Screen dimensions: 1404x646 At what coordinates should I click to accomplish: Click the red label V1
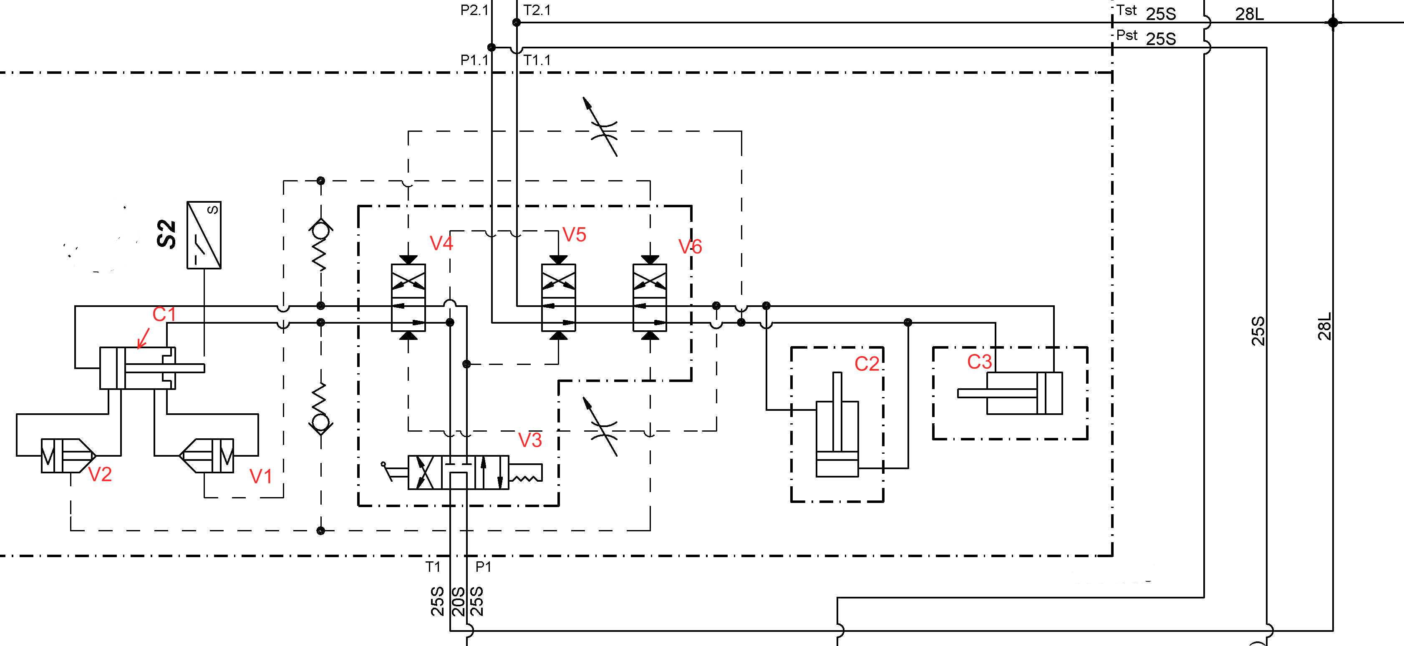point(260,477)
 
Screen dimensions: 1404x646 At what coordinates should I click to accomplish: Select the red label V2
point(100,475)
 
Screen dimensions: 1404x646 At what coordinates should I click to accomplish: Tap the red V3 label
point(530,440)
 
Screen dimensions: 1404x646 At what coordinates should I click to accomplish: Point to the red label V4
point(441,243)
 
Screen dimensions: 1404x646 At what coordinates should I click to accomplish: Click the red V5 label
point(574,235)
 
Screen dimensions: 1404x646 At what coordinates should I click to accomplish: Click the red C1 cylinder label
point(164,314)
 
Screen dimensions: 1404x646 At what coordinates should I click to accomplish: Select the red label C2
point(867,364)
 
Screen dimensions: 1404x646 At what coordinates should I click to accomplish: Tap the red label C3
point(979,362)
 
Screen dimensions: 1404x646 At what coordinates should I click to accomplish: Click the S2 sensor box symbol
point(204,235)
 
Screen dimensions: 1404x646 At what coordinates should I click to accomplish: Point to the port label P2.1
point(474,10)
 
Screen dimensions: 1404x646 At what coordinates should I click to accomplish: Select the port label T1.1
point(537,60)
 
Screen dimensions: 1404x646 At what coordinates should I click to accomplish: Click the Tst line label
point(1127,10)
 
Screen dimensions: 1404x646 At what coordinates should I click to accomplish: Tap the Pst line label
point(1127,35)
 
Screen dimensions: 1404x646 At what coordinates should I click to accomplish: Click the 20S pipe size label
point(459,601)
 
